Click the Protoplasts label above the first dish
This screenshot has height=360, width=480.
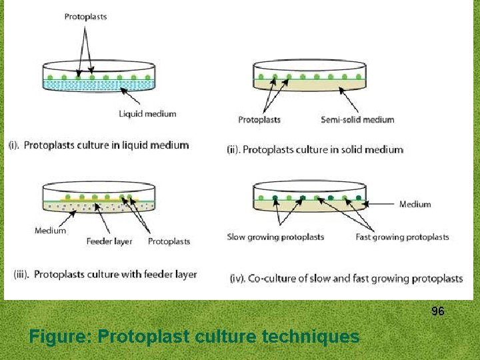(85, 17)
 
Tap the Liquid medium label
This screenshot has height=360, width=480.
(147, 114)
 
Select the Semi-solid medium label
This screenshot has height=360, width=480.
(357, 120)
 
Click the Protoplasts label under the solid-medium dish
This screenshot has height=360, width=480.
(259, 120)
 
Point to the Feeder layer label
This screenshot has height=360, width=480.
(109, 241)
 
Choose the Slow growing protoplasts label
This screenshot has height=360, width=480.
(275, 237)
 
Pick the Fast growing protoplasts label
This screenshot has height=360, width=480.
(402, 237)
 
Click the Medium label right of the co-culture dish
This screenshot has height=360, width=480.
(415, 205)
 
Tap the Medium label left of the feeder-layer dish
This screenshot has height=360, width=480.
(51, 231)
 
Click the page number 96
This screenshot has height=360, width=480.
(438, 311)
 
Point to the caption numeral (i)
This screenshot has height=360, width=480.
(15, 145)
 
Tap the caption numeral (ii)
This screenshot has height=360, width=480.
(233, 149)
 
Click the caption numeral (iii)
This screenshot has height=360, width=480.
(21, 274)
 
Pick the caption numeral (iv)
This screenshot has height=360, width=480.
(237, 279)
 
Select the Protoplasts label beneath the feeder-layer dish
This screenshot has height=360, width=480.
(169, 241)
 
